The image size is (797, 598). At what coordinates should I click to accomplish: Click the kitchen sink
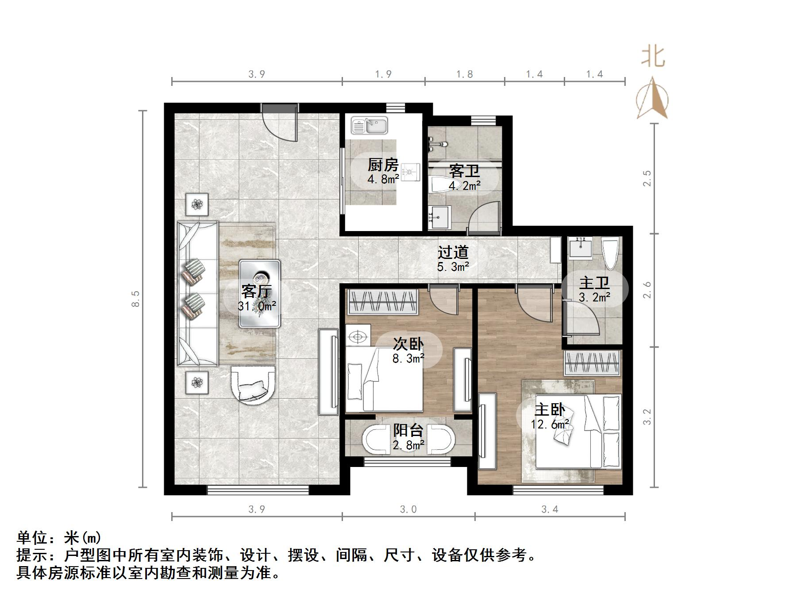point(369,125)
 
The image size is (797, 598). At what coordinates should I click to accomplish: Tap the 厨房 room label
point(383,165)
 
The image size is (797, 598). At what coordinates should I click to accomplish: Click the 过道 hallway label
point(453,252)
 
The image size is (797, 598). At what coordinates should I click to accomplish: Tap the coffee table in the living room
point(260,293)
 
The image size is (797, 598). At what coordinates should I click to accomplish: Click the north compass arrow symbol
point(652,98)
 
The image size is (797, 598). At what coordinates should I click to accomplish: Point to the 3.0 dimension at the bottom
point(408,509)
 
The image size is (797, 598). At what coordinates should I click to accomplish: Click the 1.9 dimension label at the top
point(383,74)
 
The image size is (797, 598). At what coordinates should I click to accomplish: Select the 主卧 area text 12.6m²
point(550,424)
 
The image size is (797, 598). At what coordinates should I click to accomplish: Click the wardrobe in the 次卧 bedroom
point(383,302)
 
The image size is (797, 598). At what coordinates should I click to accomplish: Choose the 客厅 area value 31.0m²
point(257,306)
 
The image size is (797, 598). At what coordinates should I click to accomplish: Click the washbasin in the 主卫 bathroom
point(580,248)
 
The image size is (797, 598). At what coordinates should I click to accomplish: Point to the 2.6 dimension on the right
point(647,290)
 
